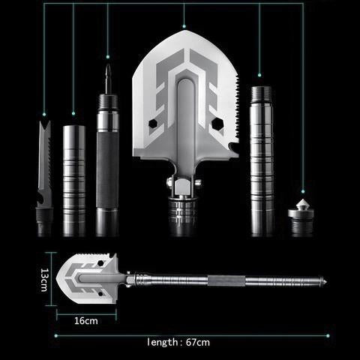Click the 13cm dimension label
44,280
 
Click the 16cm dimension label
86,321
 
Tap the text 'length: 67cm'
178,342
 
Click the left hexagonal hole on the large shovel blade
153,123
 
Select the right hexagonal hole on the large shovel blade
217,124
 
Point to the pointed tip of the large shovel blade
184,31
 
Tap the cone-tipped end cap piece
301,217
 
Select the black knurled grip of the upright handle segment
107,170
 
